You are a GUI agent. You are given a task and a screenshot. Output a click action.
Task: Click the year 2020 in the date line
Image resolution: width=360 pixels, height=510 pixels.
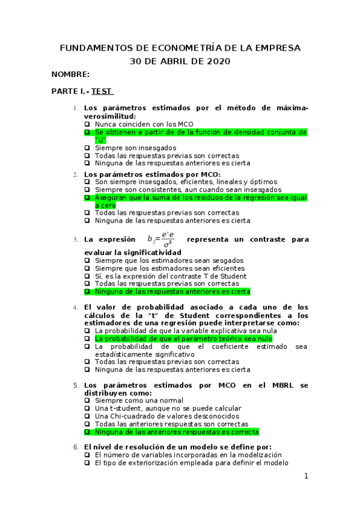pos(218,61)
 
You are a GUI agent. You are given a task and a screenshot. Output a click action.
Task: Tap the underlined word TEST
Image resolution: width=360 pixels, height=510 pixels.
pos(102,91)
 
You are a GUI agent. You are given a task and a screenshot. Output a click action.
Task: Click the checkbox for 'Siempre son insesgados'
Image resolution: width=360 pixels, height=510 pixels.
pos(88,147)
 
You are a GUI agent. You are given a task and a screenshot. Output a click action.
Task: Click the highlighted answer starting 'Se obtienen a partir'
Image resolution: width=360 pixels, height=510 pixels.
pos(192,132)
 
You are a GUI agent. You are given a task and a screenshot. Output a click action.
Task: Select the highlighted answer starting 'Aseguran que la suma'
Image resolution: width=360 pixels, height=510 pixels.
pos(192,197)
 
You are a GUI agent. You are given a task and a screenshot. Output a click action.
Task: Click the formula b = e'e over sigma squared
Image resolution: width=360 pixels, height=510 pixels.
pos(163,239)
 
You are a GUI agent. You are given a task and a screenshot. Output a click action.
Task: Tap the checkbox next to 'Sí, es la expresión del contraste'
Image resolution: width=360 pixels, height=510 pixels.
pos(88,276)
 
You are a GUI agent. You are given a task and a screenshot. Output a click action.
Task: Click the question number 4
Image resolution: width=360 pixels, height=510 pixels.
pos(76,307)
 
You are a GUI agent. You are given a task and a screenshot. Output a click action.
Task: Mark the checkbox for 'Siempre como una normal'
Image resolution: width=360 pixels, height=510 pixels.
pos(88,401)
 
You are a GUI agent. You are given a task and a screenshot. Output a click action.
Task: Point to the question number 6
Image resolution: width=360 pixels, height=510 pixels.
pos(76,447)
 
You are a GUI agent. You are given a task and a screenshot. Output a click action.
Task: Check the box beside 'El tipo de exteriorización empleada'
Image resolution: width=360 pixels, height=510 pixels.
pos(88,463)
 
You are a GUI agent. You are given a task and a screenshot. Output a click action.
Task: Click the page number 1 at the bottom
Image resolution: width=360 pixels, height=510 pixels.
pos(306,476)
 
